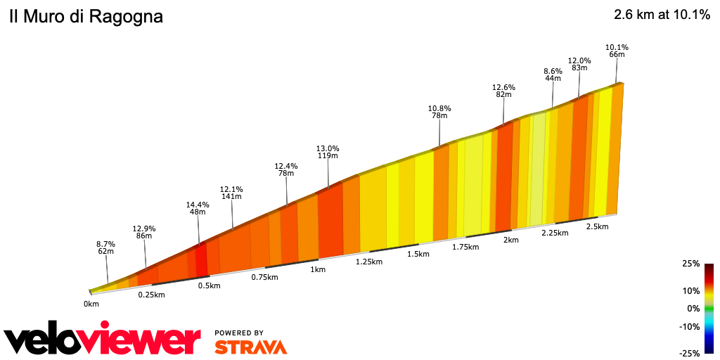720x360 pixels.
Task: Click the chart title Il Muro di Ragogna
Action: [x=86, y=17]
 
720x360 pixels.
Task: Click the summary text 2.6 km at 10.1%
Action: [x=662, y=15]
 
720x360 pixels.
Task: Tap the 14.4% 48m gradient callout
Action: [x=198, y=208]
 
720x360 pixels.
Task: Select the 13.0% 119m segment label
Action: [x=328, y=152]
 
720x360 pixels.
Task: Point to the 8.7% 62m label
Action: [x=105, y=247]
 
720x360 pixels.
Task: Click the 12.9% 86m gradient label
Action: [x=144, y=233]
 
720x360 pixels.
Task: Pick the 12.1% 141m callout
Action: [x=231, y=193]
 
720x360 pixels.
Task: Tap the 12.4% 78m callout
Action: [x=285, y=169]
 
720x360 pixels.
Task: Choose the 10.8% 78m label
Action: [x=439, y=112]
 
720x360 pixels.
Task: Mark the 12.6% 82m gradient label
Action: [x=503, y=91]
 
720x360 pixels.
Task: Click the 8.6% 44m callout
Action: [x=553, y=75]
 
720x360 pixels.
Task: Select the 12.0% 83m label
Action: [x=579, y=64]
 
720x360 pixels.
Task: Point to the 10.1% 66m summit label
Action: [x=617, y=51]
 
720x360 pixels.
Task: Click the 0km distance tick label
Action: [x=91, y=304]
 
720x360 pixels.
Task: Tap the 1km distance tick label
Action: [x=318, y=269]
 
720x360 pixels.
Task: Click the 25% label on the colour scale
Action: [x=691, y=264]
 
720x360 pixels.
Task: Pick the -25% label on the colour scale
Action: [x=690, y=353]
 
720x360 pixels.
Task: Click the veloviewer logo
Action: [x=103, y=340]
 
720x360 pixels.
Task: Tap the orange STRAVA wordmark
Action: [x=250, y=347]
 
